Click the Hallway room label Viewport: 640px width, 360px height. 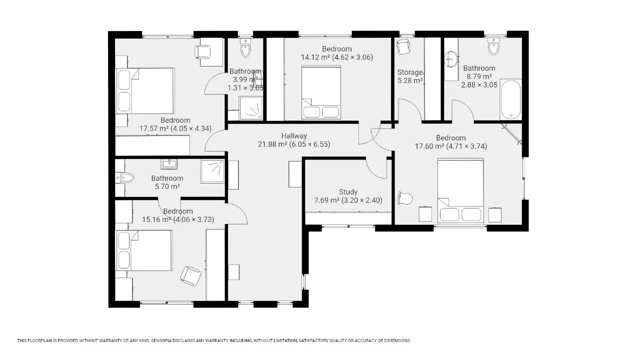click(294, 136)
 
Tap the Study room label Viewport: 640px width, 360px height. click(348, 191)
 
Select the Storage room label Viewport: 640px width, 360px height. click(410, 72)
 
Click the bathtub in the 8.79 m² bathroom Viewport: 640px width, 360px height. click(511, 99)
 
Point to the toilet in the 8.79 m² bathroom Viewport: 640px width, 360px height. click(493, 46)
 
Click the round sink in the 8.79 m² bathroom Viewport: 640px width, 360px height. click(451, 59)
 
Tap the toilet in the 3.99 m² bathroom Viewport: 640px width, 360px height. click(245, 48)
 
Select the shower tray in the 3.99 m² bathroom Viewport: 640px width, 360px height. click(250, 108)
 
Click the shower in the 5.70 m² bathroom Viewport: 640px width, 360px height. click(212, 171)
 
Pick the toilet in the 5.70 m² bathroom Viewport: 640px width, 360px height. click(124, 178)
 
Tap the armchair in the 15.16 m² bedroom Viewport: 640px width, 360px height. click(190, 275)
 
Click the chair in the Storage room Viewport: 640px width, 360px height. click(403, 47)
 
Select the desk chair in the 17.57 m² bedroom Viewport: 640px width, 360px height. click(202, 51)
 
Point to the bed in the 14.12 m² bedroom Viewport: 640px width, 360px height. click(321, 92)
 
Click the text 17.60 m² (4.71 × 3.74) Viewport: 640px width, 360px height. click(451, 146)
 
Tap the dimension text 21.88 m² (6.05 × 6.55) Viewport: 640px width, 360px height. click(294, 144)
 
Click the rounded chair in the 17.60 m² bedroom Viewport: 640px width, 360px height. click(405, 198)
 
